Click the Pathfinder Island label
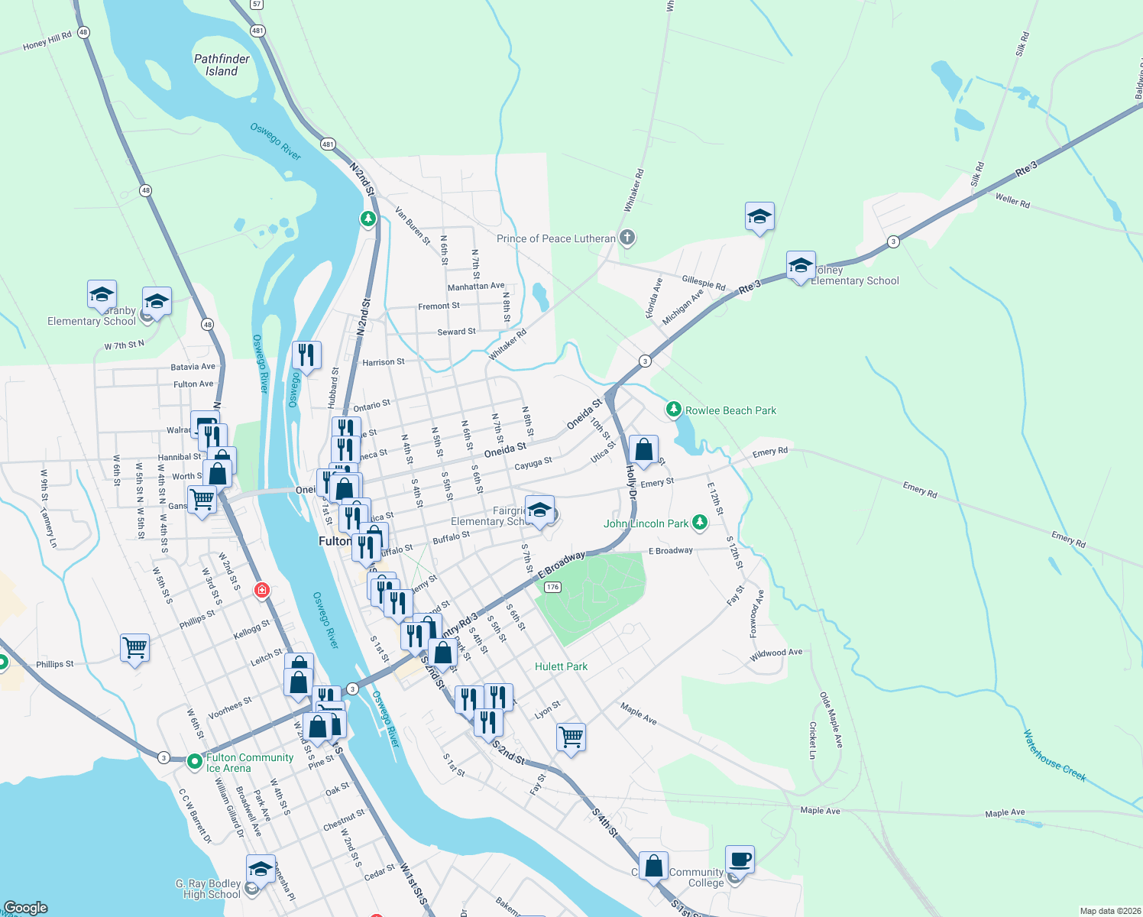pyautogui.click(x=222, y=65)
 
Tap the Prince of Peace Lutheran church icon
pyautogui.click(x=627, y=238)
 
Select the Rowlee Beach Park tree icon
pyautogui.click(x=673, y=410)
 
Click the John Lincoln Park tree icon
pyautogui.click(x=699, y=523)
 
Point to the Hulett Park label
pyautogui.click(x=561, y=666)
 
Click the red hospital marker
pyautogui.click(x=262, y=590)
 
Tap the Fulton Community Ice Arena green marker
pyautogui.click(x=194, y=762)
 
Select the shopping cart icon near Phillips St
pyautogui.click(x=135, y=648)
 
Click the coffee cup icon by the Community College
pyautogui.click(x=740, y=860)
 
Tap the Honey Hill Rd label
pyautogui.click(x=47, y=41)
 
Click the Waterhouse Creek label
pyautogui.click(x=1054, y=756)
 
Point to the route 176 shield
pyautogui.click(x=553, y=587)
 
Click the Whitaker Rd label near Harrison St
pyautogui.click(x=508, y=345)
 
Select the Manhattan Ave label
pyautogui.click(x=476, y=287)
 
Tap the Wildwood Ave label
pyautogui.click(x=776, y=653)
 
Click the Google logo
pyautogui.click(x=26, y=908)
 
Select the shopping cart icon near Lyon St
pyautogui.click(x=571, y=737)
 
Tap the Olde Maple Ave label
pyautogui.click(x=831, y=720)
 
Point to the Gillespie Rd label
pyautogui.click(x=704, y=283)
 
